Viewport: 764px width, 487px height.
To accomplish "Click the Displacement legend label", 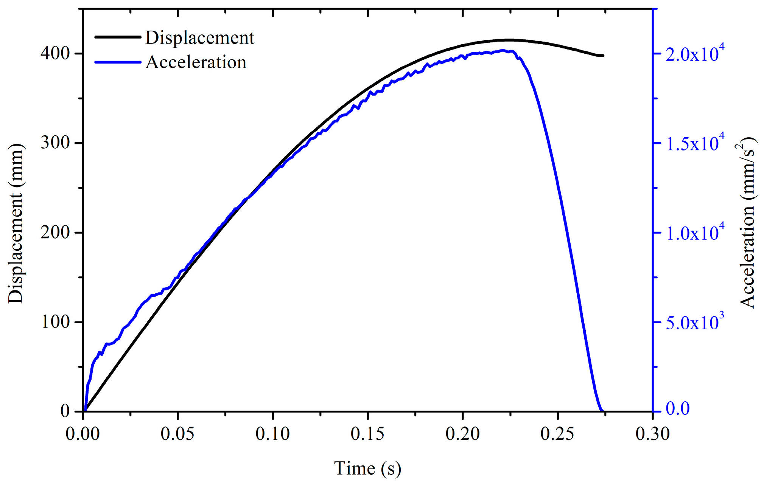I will click(x=200, y=38).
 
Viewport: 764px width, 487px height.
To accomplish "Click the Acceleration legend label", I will click(x=196, y=62).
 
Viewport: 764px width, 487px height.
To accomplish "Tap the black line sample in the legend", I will click(x=118, y=37).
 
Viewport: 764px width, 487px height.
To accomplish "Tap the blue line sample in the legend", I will click(x=118, y=62).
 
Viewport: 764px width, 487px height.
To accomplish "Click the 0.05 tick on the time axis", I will click(x=177, y=434).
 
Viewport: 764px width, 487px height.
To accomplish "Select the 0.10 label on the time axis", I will click(x=272, y=434).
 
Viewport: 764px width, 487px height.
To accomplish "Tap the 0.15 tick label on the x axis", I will click(x=367, y=434).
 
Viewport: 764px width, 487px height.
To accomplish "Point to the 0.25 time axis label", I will click(x=557, y=434).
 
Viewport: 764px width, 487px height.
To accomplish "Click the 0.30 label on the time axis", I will click(x=652, y=434).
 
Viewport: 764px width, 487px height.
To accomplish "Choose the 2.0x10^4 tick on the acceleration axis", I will click(x=694, y=53).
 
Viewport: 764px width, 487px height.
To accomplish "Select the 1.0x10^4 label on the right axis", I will click(x=694, y=232).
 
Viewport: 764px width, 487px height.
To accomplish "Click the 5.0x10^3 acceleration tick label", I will click(x=694, y=321).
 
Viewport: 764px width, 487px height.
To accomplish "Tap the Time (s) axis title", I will click(x=367, y=468).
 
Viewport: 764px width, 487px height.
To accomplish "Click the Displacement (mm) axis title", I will click(x=16, y=223).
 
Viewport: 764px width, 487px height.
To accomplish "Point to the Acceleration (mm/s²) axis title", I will click(x=747, y=223).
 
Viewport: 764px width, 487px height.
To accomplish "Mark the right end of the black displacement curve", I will click(x=603, y=56).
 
